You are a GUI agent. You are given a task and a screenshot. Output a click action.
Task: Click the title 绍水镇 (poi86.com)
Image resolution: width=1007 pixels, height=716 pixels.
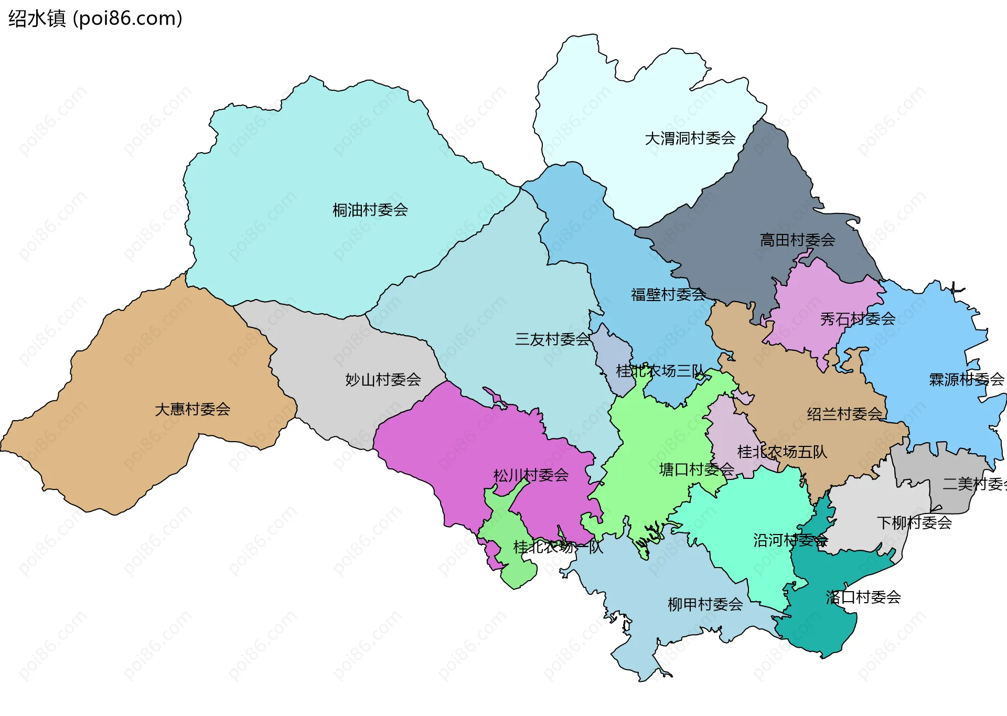(x=95, y=18)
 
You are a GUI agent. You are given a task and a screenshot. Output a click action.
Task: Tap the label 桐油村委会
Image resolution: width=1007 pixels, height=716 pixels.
(x=370, y=210)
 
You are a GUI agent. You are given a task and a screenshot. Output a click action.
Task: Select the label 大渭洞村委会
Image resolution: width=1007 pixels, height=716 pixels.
(x=690, y=138)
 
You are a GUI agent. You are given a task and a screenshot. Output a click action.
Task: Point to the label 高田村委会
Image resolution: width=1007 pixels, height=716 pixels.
(x=797, y=240)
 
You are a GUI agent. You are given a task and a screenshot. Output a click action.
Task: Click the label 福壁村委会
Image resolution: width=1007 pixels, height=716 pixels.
(x=668, y=295)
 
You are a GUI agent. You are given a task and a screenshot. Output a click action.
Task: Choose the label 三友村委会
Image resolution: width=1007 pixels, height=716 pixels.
(x=552, y=339)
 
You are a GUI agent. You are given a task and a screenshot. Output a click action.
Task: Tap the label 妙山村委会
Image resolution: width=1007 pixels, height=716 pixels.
(x=383, y=380)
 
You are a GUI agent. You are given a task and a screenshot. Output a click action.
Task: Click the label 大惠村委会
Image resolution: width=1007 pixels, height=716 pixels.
(x=192, y=410)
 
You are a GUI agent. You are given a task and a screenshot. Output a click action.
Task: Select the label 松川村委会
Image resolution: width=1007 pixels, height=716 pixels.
(x=531, y=476)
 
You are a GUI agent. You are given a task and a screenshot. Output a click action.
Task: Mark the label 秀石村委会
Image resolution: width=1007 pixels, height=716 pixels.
(x=858, y=319)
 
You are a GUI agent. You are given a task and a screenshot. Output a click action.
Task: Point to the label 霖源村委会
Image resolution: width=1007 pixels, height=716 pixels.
(x=966, y=380)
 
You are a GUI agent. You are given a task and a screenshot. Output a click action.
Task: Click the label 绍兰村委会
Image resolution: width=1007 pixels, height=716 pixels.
(x=844, y=414)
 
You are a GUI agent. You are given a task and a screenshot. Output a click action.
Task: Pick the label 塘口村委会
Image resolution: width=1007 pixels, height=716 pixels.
(x=697, y=469)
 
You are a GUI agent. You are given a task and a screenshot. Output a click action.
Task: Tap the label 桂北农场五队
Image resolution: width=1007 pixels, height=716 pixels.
(x=782, y=452)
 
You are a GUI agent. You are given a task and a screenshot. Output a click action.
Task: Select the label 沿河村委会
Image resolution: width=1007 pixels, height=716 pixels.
(x=790, y=540)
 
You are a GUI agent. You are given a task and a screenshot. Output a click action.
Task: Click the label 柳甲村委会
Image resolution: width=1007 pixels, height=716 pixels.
(x=705, y=605)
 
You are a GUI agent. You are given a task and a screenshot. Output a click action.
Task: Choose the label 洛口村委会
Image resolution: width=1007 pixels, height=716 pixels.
(x=863, y=597)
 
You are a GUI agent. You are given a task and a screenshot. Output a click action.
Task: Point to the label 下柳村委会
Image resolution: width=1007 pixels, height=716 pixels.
(x=914, y=522)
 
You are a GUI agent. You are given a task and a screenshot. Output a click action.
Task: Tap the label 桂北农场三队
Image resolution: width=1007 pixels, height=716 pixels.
(x=660, y=371)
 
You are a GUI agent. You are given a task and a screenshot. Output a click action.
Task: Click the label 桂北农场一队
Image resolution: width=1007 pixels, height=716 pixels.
(x=558, y=547)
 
